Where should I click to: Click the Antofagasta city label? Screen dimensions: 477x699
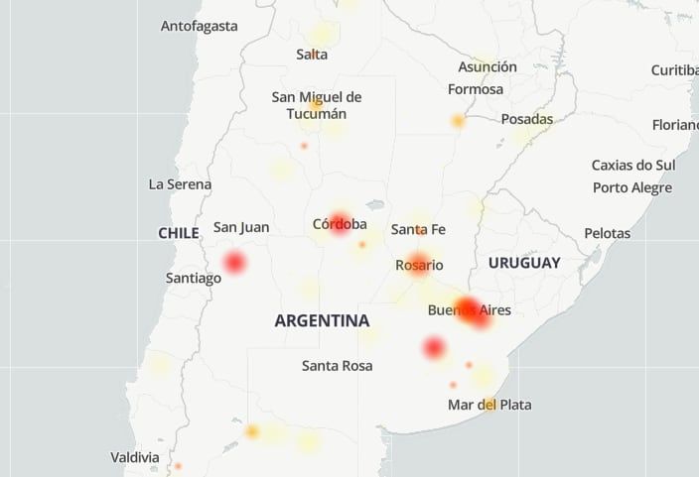pos(200,26)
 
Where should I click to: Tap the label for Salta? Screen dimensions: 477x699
pos(312,55)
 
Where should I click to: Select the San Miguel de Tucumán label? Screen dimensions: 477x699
pos(316,105)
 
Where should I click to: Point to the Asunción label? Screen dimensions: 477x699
pos(488,66)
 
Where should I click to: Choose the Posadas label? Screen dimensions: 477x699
pos(526,118)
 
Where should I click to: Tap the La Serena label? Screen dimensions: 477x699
pos(180,183)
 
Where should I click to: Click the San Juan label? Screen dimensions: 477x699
pos(241,227)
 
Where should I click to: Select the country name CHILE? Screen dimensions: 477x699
pos(179,232)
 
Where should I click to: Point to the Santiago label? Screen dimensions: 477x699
pos(193,278)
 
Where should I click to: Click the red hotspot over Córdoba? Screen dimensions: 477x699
pos(341,222)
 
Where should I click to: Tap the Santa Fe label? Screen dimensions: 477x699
pos(418,229)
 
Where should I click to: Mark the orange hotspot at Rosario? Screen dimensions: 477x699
pos(419,264)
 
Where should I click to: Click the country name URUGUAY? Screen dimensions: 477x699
pos(524,263)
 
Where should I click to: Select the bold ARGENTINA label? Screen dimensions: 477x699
pos(322,320)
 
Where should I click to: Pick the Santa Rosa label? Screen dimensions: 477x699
pos(337,366)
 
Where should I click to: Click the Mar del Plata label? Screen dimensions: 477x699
pos(489,405)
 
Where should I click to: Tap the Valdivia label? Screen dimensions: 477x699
pos(134,457)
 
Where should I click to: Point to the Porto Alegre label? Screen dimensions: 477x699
pos(632,187)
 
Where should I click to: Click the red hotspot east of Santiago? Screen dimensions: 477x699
pos(234,263)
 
